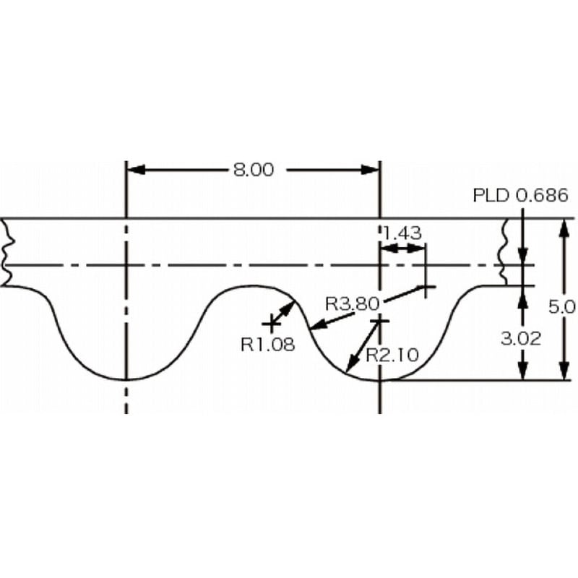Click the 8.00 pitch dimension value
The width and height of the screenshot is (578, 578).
coord(254,170)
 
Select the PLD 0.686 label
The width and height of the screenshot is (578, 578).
coord(520,195)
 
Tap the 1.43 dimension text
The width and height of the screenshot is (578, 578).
coord(402,233)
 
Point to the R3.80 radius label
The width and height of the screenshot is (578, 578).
coord(353,303)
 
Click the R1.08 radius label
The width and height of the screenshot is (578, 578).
coord(268,345)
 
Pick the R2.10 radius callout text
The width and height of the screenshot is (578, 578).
coord(392,355)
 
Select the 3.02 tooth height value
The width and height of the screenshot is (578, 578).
coord(521,338)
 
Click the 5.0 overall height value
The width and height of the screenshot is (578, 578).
coord(562,306)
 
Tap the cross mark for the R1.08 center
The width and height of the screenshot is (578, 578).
coord(272,324)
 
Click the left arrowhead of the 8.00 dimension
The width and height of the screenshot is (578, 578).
coord(135,170)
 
